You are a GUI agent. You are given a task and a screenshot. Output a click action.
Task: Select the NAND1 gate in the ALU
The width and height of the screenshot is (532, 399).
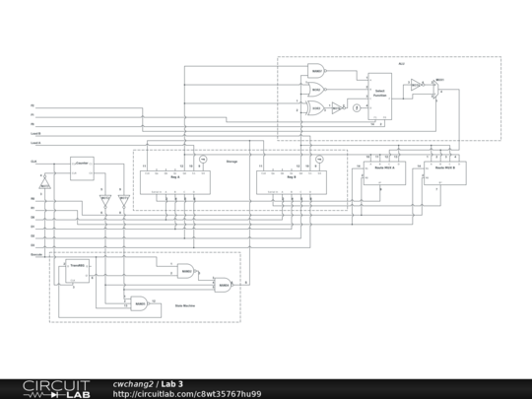tap(317, 72)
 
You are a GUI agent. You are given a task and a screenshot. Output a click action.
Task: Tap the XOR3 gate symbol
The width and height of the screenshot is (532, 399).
tap(317, 107)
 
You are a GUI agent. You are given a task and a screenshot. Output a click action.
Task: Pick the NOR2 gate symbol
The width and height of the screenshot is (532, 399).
tap(317, 90)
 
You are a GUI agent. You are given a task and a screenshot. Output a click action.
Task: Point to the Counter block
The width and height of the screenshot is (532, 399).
tap(81, 170)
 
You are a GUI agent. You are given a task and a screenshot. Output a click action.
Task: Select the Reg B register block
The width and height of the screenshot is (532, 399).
tap(291, 176)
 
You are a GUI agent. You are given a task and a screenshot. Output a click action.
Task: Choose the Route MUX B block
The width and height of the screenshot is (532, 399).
tap(442, 168)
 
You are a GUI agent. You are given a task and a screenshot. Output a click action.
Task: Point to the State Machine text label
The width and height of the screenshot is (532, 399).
tap(187, 306)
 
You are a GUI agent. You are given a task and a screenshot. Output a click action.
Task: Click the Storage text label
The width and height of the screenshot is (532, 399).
tap(233, 162)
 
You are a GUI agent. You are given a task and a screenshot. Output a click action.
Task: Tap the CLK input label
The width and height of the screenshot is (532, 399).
tap(33, 161)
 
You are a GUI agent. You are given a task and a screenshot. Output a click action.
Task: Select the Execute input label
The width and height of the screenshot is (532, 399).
tap(36, 254)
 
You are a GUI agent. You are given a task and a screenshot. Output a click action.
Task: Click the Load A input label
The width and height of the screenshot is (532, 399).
tap(35, 134)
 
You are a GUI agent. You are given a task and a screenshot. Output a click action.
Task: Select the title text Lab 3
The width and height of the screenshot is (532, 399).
tap(172, 383)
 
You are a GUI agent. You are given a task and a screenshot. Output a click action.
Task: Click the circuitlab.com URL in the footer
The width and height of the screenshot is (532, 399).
tap(187, 393)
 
